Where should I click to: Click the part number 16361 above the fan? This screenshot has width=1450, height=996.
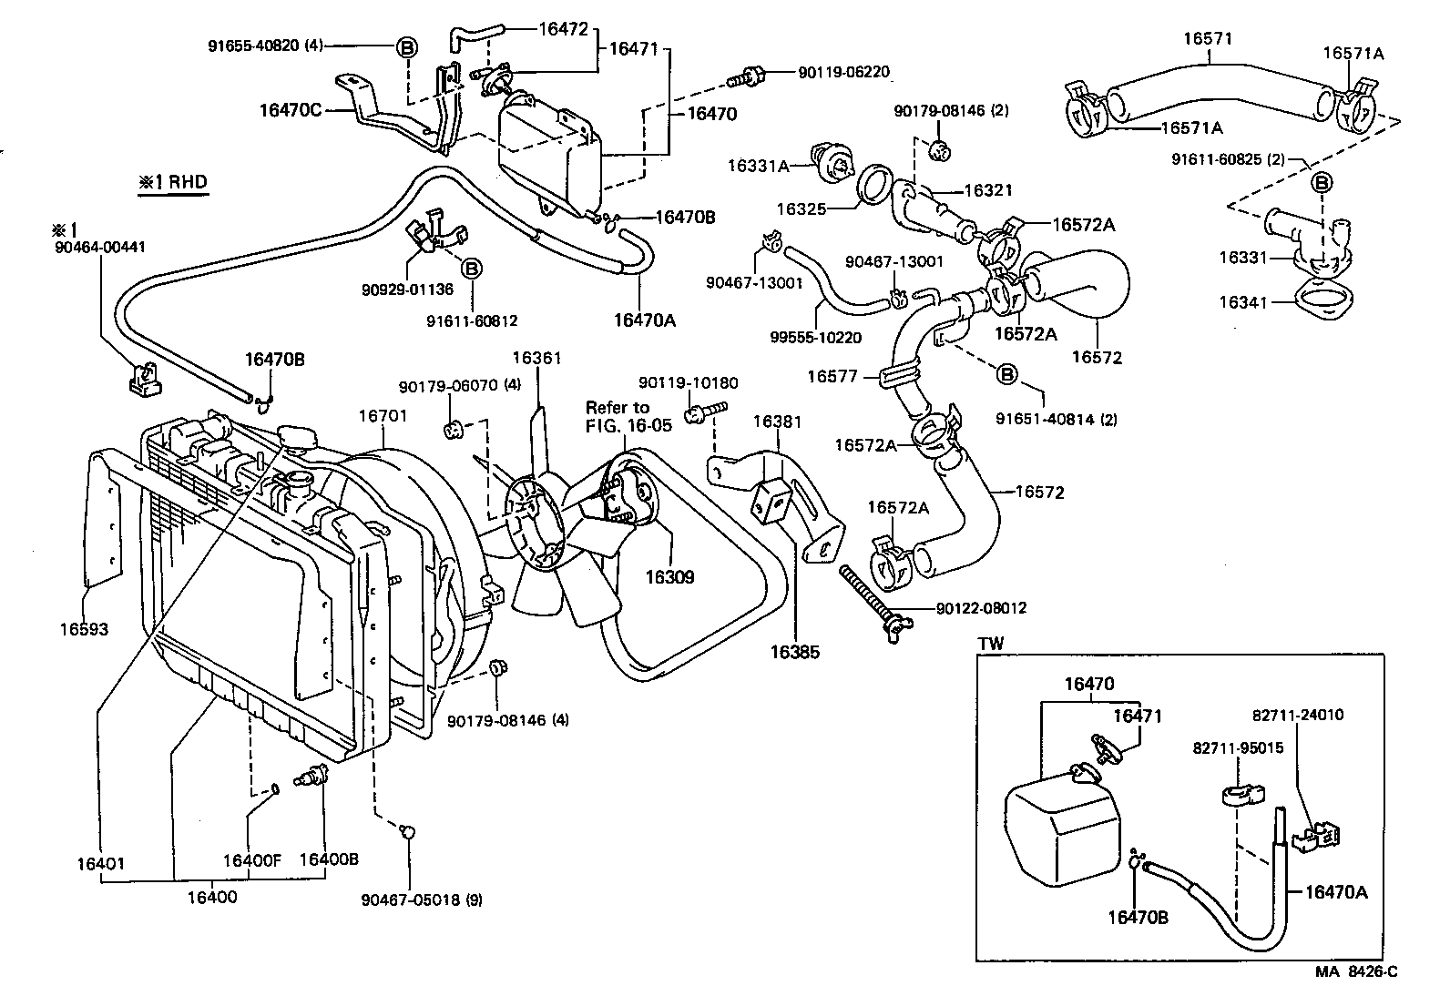pos(536,358)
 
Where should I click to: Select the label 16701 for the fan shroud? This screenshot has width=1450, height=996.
pos(383,415)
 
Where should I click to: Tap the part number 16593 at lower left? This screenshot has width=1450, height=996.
pos(84,629)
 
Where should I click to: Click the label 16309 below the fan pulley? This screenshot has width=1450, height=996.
pos(669,577)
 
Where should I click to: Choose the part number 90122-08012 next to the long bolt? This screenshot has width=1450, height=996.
pos(981,607)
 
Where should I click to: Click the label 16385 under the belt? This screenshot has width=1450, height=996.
pos(794,652)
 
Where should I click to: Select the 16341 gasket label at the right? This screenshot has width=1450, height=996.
pos(1243,302)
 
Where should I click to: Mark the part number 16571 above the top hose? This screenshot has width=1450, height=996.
pos(1208,38)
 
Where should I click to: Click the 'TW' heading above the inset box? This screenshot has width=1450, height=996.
pos(990,643)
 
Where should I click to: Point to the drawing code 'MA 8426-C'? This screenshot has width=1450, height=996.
pos(1355,971)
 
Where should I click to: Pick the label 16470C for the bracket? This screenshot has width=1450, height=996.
pos(290,110)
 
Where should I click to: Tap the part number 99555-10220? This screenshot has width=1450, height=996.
pos(815,337)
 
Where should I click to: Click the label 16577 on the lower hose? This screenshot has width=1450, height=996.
pos(832,375)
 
